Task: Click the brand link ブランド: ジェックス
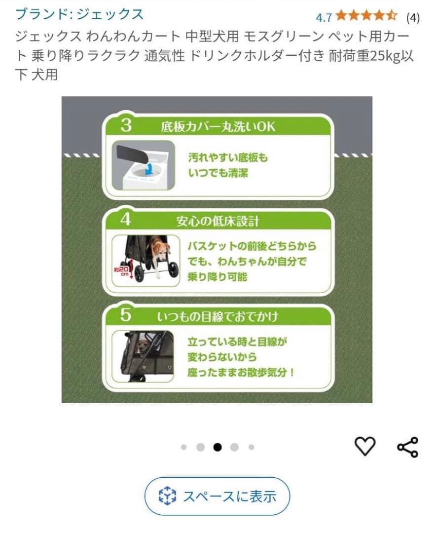79,14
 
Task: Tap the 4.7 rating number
324,17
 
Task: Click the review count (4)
412,18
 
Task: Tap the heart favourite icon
365,446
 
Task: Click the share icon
407,447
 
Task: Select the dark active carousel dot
217,447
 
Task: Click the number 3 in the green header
126,125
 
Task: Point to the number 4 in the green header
126,220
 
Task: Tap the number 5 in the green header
126,315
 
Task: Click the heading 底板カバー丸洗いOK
217,127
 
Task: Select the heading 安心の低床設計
217,221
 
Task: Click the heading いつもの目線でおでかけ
217,316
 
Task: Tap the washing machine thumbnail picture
143,165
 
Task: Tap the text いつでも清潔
217,173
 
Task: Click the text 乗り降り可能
217,277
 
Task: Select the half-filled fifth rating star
392,16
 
